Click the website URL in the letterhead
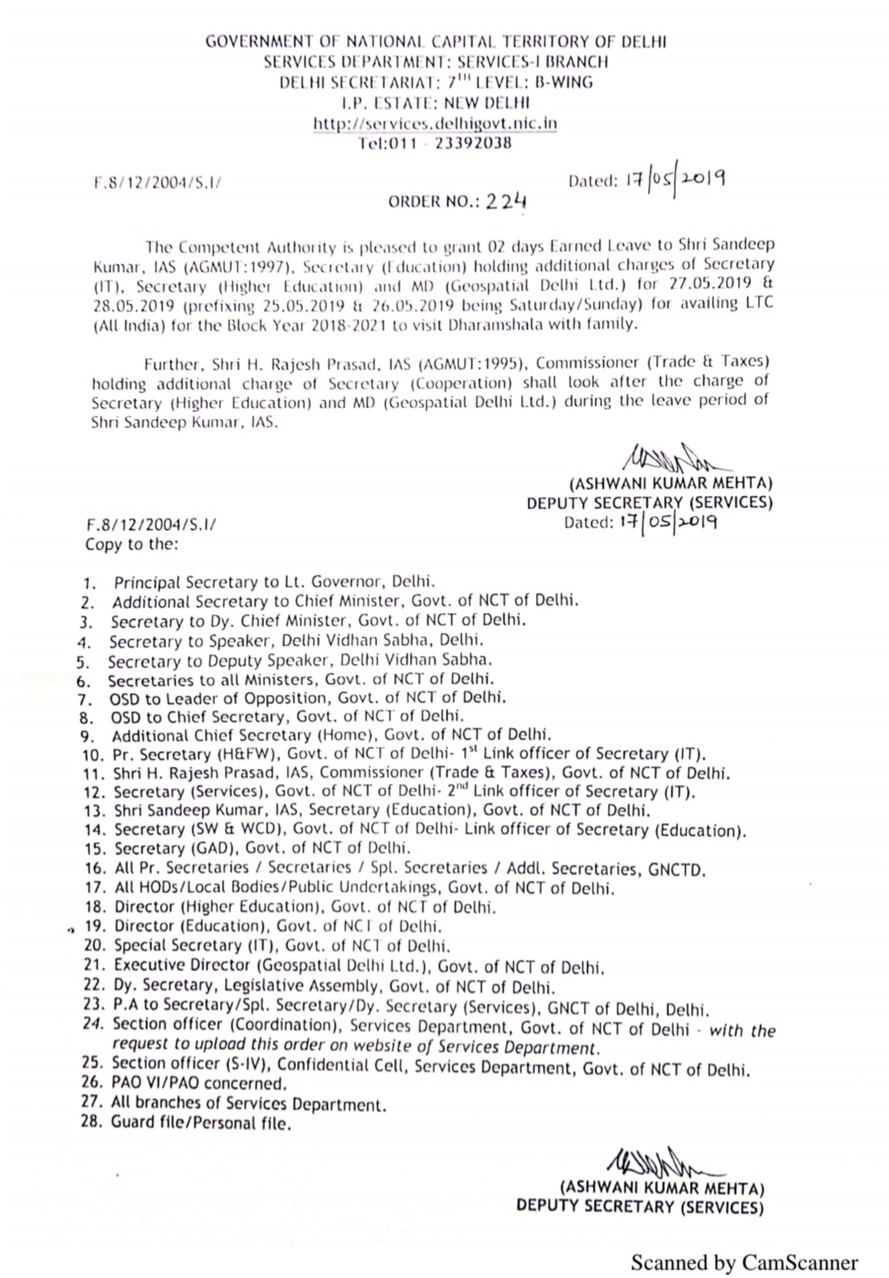(x=434, y=124)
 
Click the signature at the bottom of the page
(x=660, y=1164)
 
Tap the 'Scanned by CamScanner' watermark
(x=744, y=1262)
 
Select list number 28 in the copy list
(x=91, y=1122)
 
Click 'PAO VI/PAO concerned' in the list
(x=198, y=1083)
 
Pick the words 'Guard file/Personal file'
(x=201, y=1123)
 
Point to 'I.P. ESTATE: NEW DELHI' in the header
(x=435, y=103)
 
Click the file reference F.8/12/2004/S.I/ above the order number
(x=157, y=181)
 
